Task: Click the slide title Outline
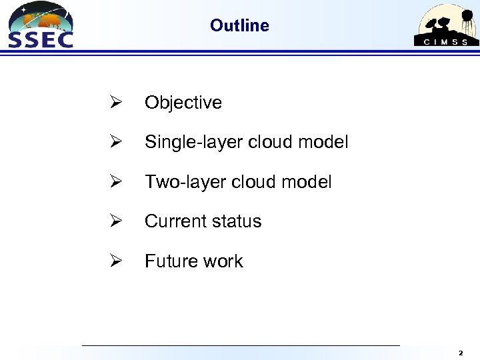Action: (x=239, y=25)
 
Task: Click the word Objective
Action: (x=183, y=103)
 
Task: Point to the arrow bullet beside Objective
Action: (x=115, y=103)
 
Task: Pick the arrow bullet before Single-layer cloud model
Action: (x=115, y=142)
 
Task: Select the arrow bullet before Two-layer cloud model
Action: (x=115, y=182)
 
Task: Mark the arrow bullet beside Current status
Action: (x=115, y=221)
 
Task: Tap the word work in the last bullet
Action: (x=224, y=261)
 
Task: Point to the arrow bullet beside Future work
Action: (x=115, y=261)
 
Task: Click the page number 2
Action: (x=461, y=352)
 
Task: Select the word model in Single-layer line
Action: (x=325, y=142)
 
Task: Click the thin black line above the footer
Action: (x=240, y=345)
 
